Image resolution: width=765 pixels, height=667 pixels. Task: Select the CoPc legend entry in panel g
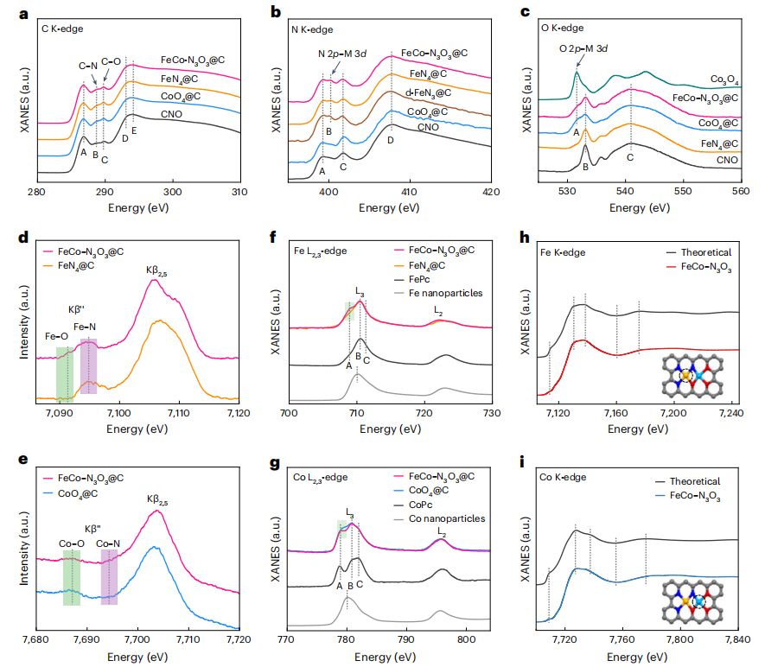pos(428,505)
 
